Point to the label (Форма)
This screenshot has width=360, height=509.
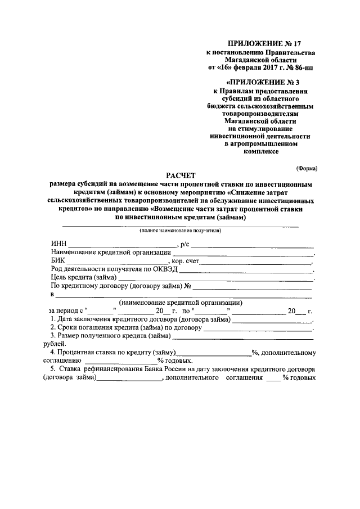pyautogui.click(x=307, y=168)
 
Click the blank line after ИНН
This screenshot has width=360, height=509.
pyautogui.click(x=121, y=245)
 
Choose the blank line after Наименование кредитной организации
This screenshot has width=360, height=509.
pyautogui.click(x=242, y=253)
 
